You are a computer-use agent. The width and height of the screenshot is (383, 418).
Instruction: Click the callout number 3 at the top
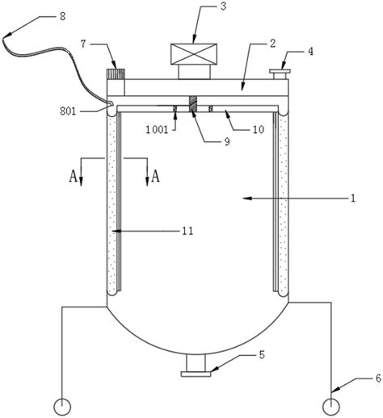tap(223, 6)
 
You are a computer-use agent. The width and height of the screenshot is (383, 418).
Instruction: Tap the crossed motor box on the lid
tap(194, 54)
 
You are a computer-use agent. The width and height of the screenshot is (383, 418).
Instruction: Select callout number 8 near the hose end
tap(62, 16)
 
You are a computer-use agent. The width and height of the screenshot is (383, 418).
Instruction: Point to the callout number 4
tap(310, 52)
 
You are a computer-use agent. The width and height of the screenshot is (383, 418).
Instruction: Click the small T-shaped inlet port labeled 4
tap(280, 74)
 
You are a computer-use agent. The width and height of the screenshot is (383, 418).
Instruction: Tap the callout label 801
tap(68, 111)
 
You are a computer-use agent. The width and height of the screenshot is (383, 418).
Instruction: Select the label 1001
tap(157, 130)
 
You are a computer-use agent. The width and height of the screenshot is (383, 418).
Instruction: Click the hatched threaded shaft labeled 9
tap(193, 104)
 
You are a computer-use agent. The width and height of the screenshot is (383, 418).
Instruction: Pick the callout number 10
tap(259, 130)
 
